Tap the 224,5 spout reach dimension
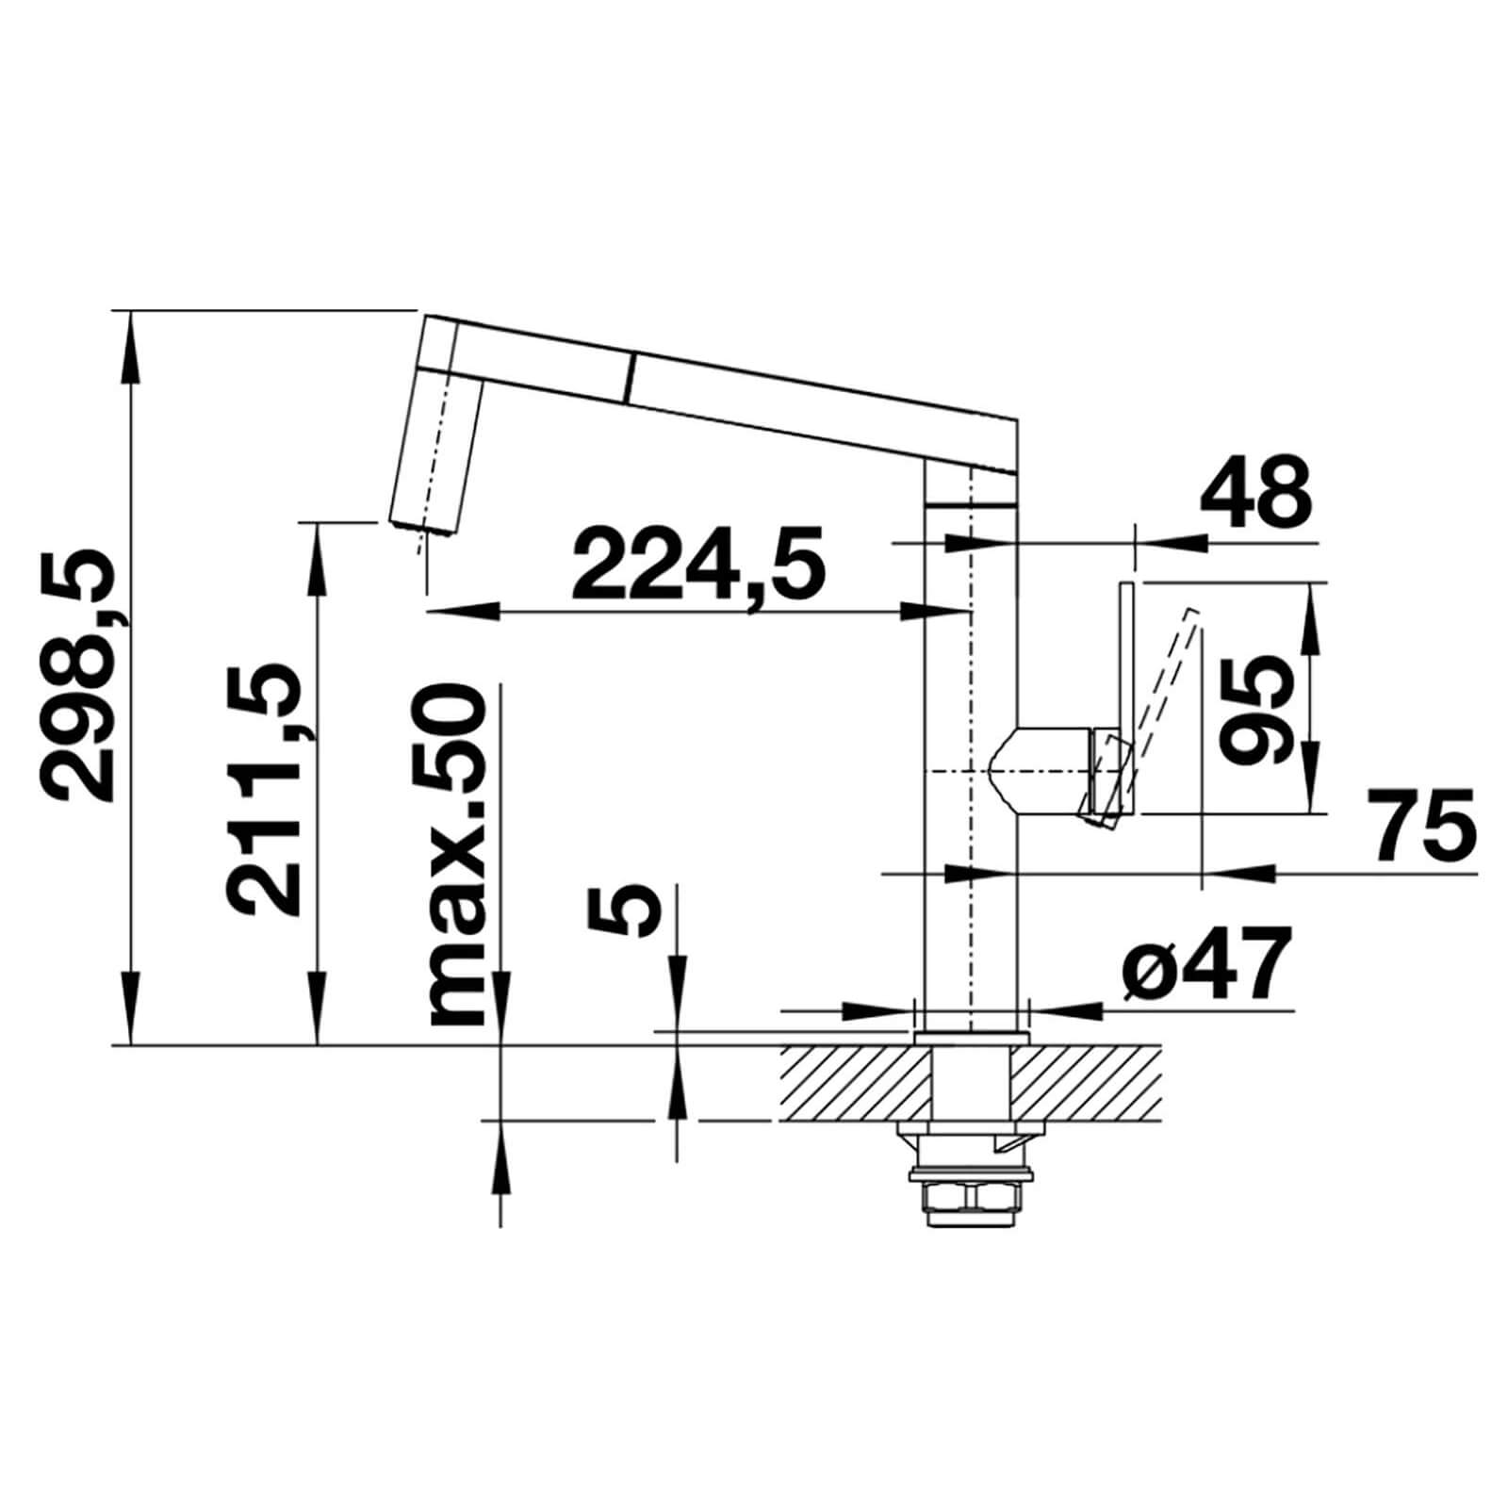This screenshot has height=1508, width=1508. [x=698, y=567]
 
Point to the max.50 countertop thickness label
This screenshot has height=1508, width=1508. [x=457, y=854]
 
